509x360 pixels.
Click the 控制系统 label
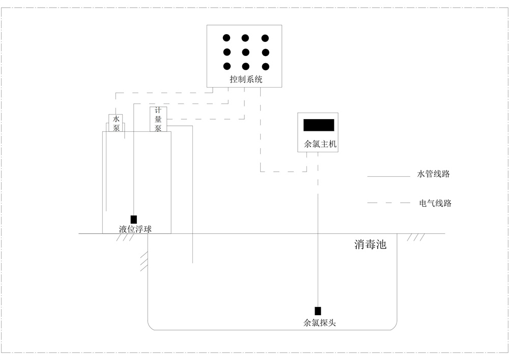click(245, 79)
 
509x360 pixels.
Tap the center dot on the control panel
click(245, 51)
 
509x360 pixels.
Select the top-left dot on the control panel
click(227, 38)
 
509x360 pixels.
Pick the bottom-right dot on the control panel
click(265, 66)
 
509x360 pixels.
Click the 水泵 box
click(116, 124)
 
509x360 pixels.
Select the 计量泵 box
click(158, 120)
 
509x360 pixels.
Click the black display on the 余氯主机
click(319, 125)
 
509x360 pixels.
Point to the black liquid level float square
click(134, 219)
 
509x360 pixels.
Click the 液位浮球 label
click(135, 230)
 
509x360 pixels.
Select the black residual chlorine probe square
click(318, 311)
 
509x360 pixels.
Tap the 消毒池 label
click(370, 245)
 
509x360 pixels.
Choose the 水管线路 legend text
click(434, 174)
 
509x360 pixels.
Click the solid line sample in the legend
click(389, 177)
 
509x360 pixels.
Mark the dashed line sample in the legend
click(389, 203)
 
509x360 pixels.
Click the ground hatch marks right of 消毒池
click(416, 237)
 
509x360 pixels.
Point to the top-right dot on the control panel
click(265, 38)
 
